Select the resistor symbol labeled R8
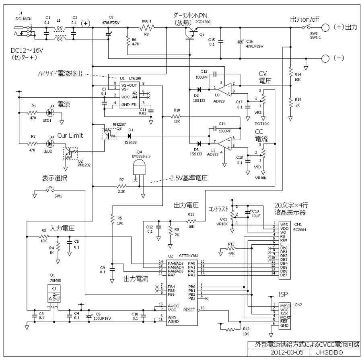click(x=147, y=28)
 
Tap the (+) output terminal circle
click(x=326, y=27)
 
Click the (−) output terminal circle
click(x=326, y=58)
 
